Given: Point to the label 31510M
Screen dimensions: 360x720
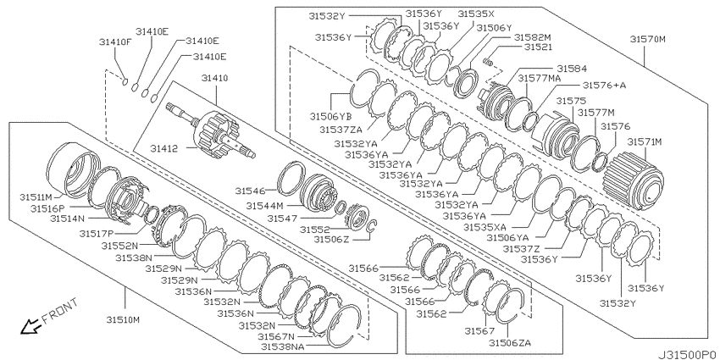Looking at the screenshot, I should pyautogui.click(x=124, y=319).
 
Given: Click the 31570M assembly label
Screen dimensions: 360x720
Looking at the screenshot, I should pyautogui.click(x=647, y=39).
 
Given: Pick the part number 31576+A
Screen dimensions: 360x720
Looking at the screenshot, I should pyautogui.click(x=604, y=86).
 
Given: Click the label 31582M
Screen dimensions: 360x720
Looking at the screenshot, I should pyautogui.click(x=532, y=37).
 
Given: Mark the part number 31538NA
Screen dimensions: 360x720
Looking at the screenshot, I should pyautogui.click(x=283, y=346).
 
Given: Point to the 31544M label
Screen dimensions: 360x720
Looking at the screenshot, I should pyautogui.click(x=265, y=205).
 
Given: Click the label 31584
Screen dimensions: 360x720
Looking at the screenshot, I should pyautogui.click(x=569, y=68).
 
